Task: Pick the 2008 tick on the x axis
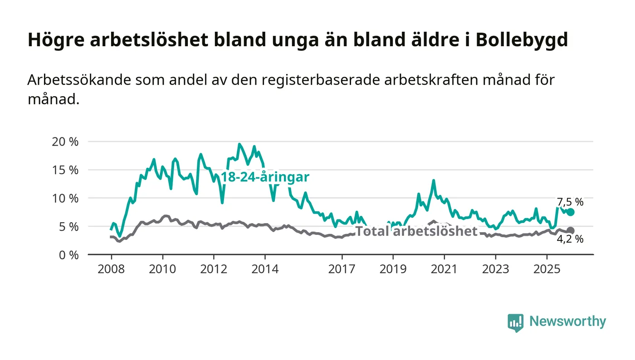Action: pos(111,269)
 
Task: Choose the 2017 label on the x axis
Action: pos(342,269)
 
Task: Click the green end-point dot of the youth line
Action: pos(571,212)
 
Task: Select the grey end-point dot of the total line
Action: pos(571,231)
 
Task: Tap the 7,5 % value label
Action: pos(570,202)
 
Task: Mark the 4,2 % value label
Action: pos(570,239)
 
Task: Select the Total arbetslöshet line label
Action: pos(416,231)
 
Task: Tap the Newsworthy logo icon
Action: pos(515,322)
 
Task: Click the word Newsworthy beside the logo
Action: pos(567,321)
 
